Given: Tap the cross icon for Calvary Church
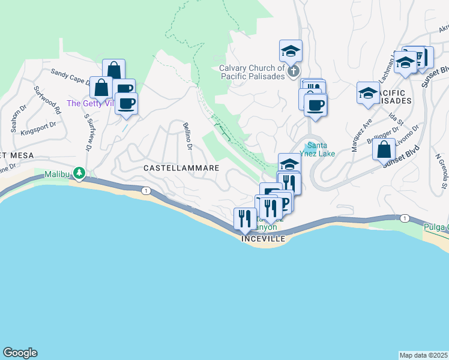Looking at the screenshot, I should (294, 72).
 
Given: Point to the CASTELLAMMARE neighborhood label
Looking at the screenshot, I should (181, 169).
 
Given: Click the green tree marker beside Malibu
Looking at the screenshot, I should (79, 173).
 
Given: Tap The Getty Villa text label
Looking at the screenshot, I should (90, 103).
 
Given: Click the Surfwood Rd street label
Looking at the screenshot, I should (47, 100).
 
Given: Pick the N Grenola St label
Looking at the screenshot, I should (441, 173).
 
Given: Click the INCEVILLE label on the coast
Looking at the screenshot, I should (261, 239).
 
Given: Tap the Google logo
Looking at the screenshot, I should (20, 353).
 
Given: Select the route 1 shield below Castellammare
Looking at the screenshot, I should (145, 190).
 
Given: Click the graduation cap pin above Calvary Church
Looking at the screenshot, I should (291, 52).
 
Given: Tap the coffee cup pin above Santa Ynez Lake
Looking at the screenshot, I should (315, 105).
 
